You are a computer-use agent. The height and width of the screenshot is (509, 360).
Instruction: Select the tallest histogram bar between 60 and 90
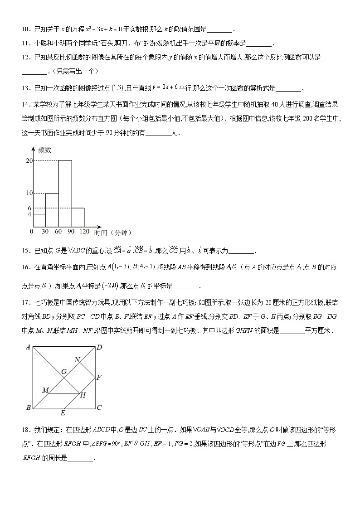click(65, 193)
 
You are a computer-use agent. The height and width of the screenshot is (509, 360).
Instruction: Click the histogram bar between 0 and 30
click(39, 220)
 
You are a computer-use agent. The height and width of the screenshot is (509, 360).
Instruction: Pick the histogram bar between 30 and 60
click(52, 209)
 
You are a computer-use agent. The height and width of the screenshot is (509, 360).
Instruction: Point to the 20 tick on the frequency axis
click(29, 161)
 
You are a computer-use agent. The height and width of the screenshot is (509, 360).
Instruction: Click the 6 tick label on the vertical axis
click(29, 208)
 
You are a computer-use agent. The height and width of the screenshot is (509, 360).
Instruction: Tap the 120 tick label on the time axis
click(84, 232)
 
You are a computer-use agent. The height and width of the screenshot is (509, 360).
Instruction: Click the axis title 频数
click(44, 150)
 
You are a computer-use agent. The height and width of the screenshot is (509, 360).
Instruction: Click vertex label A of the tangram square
click(28, 348)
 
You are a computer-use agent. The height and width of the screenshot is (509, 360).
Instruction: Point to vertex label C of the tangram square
click(99, 407)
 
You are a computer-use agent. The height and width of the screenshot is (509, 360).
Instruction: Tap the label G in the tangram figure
click(64, 372)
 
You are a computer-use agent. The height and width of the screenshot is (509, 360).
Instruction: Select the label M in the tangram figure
click(45, 390)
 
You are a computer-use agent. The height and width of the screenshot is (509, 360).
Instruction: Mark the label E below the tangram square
click(63, 413)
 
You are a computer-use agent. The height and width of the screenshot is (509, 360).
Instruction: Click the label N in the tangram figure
click(77, 360)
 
